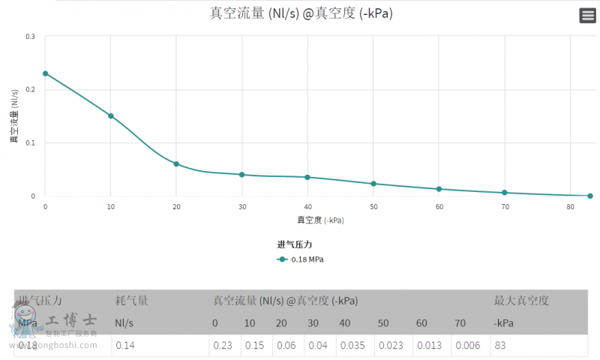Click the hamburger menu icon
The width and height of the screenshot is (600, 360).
click(x=587, y=16)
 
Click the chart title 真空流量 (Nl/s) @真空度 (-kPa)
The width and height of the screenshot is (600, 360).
click(x=301, y=14)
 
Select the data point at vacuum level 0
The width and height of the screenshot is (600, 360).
click(x=45, y=73)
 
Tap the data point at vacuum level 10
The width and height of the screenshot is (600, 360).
click(x=111, y=115)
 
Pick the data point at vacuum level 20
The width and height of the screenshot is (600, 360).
click(x=176, y=163)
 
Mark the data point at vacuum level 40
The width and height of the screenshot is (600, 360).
click(x=307, y=177)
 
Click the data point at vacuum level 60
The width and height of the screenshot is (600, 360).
click(x=439, y=189)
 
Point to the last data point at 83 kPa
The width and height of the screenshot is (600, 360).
click(x=590, y=196)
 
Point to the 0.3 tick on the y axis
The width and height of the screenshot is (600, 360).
click(x=31, y=36)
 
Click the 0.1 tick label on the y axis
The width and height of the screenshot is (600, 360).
click(x=31, y=142)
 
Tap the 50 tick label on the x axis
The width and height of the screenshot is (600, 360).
click(x=373, y=206)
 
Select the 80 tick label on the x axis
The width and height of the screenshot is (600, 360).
click(x=570, y=206)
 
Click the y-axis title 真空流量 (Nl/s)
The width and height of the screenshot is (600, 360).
click(x=14, y=116)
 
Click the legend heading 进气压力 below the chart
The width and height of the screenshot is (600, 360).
click(x=294, y=244)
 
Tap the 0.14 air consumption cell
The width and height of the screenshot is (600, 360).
click(x=124, y=346)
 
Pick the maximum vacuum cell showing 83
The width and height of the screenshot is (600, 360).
click(x=500, y=346)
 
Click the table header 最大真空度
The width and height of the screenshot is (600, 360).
click(x=521, y=301)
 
